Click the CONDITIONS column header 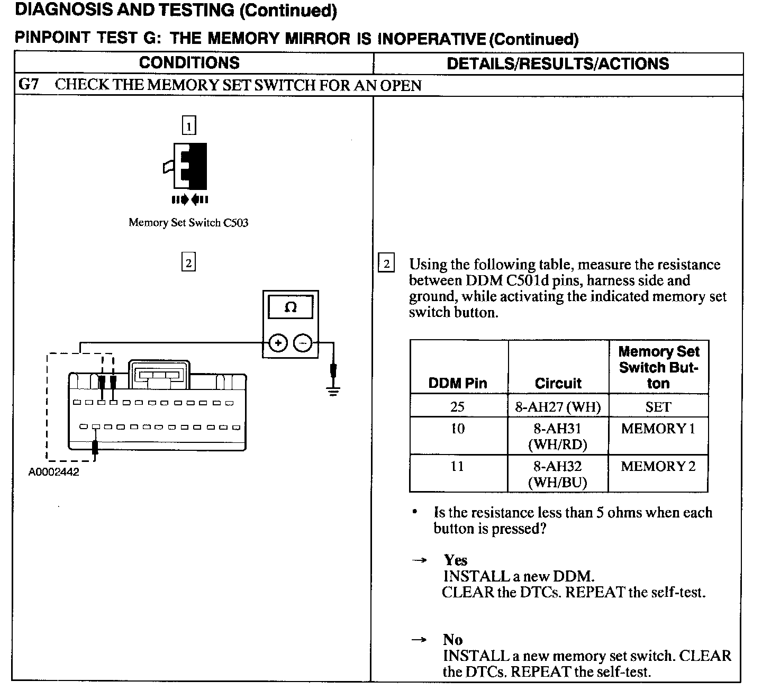[x=189, y=63]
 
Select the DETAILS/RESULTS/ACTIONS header [x=558, y=63]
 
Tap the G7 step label [x=29, y=85]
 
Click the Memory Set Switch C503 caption [x=188, y=223]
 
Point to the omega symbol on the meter [x=291, y=307]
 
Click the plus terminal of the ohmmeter [x=277, y=343]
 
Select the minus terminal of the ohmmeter [x=303, y=343]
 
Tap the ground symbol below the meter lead [x=333, y=390]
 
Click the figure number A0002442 [x=54, y=472]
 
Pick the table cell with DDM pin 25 [x=458, y=406]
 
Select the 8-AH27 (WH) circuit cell [x=558, y=406]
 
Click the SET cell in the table [x=658, y=406]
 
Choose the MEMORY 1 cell [x=658, y=429]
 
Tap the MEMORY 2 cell [x=658, y=466]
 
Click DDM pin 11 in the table [x=458, y=466]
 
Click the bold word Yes [x=456, y=560]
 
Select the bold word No [x=453, y=640]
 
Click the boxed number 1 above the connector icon [x=188, y=126]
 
